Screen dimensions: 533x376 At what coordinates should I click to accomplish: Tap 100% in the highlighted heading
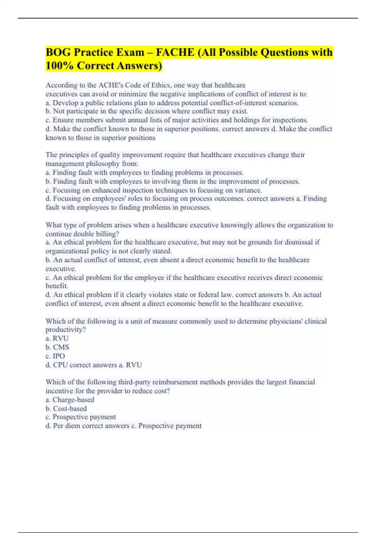point(59,66)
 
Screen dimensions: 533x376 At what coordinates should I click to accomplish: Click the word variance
point(249,190)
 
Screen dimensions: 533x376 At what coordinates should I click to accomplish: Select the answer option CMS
point(61,347)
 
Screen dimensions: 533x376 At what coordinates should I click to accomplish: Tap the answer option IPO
point(59,356)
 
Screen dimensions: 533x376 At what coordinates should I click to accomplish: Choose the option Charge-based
point(73,400)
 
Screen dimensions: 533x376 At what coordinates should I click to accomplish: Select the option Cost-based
point(70,409)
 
